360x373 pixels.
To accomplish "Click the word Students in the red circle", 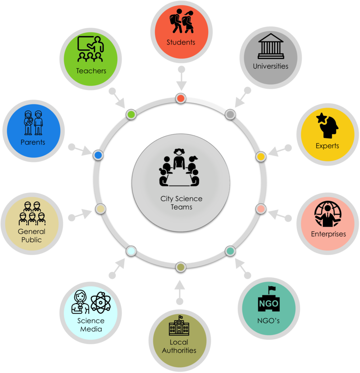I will tap(181, 42).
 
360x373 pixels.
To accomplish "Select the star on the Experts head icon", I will tap(321, 118).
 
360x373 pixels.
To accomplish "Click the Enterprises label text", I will tap(328, 234).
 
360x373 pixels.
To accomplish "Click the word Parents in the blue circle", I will tap(33, 142).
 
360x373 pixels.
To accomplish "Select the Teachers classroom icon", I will tap(91, 49).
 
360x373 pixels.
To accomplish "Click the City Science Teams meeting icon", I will tap(179, 167).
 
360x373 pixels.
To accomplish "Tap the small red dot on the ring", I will tap(181, 98).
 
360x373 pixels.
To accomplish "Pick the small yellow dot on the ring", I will tap(261, 157).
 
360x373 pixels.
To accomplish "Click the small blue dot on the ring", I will tap(98, 155).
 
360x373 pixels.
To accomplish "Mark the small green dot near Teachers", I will tap(131, 114).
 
